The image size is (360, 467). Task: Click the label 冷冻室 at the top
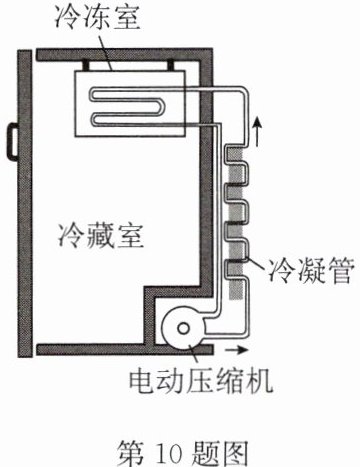pyautogui.click(x=98, y=17)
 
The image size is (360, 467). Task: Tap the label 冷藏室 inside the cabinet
pyautogui.click(x=100, y=235)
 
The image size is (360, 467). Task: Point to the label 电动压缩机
pyautogui.click(x=201, y=380)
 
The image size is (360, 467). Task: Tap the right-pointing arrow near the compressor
pyautogui.click(x=237, y=350)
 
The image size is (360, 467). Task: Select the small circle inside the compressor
pyautogui.click(x=183, y=329)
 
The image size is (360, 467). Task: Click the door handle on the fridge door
pyautogui.click(x=13, y=140)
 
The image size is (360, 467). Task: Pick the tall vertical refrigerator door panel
pyautogui.click(x=25, y=203)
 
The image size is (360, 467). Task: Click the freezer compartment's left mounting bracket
pyautogui.click(x=86, y=65)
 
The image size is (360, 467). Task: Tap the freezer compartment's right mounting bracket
pyautogui.click(x=171, y=65)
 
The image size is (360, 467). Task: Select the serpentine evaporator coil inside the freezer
pyautogui.click(x=137, y=107)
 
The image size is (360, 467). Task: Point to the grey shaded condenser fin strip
pyautogui.click(x=235, y=223)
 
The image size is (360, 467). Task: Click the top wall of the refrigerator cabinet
pyautogui.click(x=124, y=55)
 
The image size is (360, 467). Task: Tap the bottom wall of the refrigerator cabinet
pyautogui.click(x=124, y=349)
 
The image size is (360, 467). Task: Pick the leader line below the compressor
pyautogui.click(x=194, y=355)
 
